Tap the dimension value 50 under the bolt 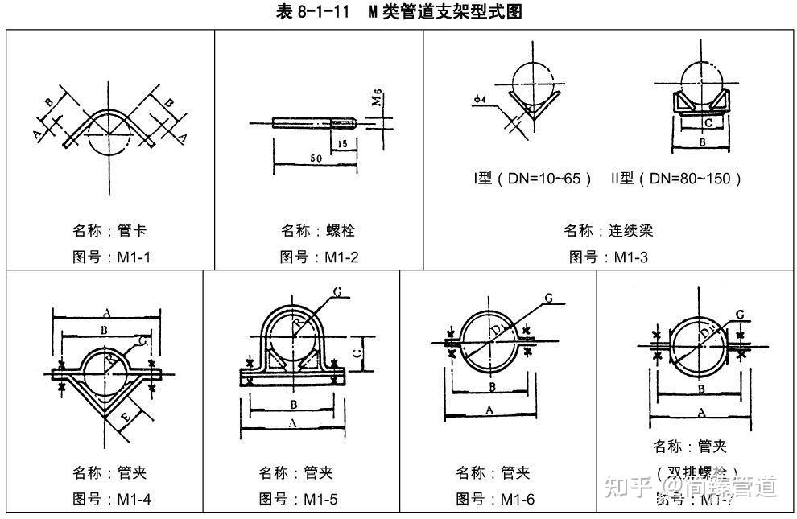316,159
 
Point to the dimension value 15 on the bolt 343,144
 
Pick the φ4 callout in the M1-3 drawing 480,99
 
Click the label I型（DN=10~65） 533,179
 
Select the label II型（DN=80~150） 676,179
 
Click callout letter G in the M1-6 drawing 548,299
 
